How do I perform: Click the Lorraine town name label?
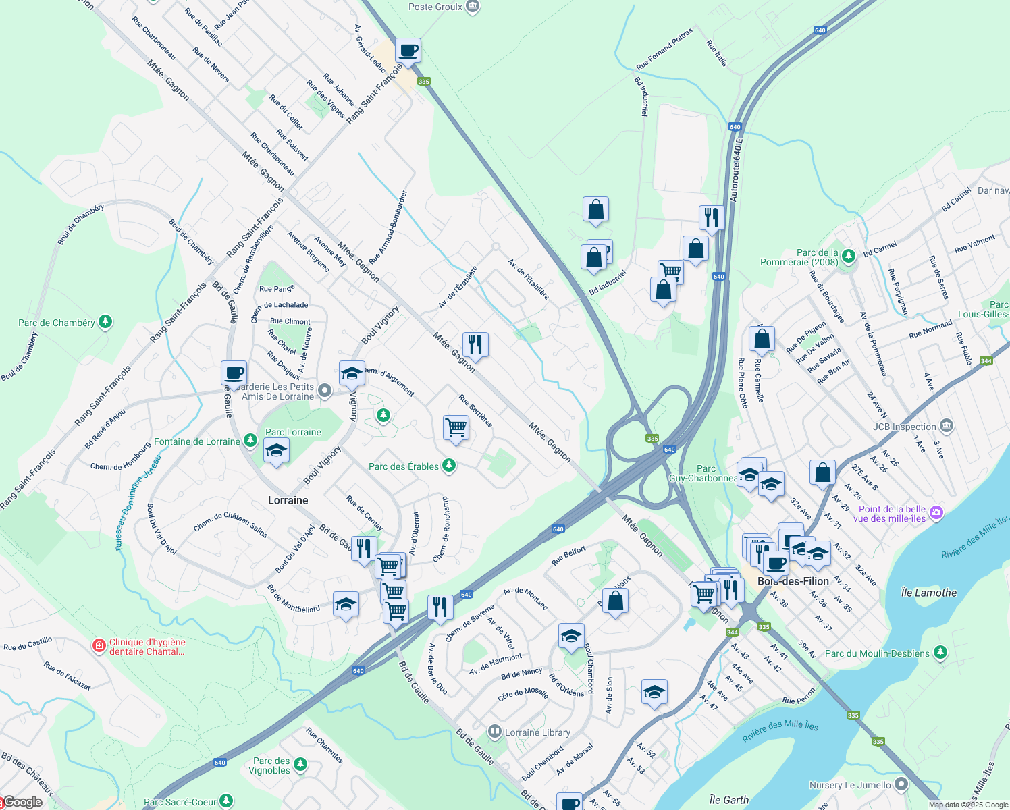[288, 500]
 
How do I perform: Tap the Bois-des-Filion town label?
[793, 581]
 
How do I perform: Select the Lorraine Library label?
[537, 732]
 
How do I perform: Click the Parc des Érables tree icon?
[448, 466]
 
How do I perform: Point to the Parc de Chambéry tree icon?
[105, 322]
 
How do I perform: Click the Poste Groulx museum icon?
[473, 7]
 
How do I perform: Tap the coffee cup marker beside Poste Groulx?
[408, 51]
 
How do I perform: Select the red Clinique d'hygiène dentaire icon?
[99, 646]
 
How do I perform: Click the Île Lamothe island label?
[928, 593]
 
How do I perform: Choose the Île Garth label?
[729, 800]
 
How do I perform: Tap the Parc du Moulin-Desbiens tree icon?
[940, 653]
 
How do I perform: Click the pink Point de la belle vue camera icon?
[936, 513]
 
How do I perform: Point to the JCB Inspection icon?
[947, 426]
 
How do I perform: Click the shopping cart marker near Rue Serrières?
[456, 428]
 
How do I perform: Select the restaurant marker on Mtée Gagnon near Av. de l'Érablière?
[475, 345]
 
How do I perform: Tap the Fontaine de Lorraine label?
[197, 441]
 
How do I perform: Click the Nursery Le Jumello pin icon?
[901, 784]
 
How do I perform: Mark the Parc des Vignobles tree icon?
[300, 765]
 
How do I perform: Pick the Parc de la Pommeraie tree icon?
[849, 255]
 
